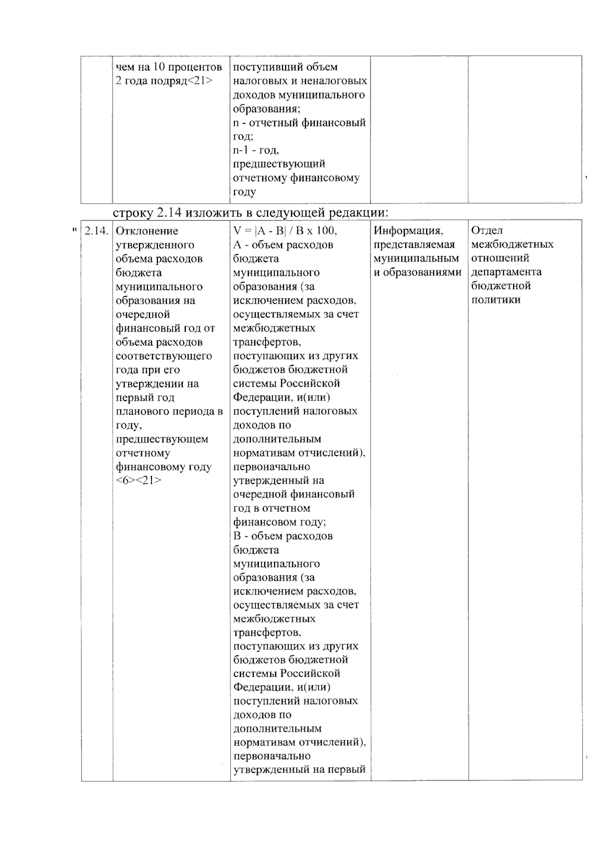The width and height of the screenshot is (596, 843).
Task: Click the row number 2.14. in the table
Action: pyautogui.click(x=96, y=231)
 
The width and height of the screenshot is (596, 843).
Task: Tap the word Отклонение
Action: pyautogui.click(x=147, y=231)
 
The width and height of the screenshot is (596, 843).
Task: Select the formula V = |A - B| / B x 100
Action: pyautogui.click(x=285, y=231)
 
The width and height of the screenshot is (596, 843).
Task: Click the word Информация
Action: pyautogui.click(x=408, y=231)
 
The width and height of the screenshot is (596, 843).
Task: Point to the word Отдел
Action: pyautogui.click(x=487, y=230)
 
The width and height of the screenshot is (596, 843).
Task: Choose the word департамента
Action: pyautogui.click(x=506, y=272)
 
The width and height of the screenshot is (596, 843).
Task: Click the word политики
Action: pyautogui.click(x=496, y=300)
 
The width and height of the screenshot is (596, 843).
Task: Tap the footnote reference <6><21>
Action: pyautogui.click(x=139, y=481)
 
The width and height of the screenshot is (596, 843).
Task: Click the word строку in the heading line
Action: pyautogui.click(x=133, y=212)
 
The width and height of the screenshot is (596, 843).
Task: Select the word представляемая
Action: pyautogui.click(x=414, y=245)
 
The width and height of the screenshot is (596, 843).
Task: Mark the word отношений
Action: pyautogui.click(x=500, y=258)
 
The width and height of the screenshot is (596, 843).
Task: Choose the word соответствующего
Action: pyautogui.click(x=164, y=356)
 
